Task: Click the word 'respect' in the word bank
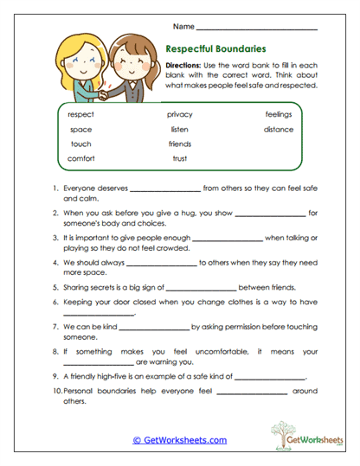click(x=81, y=114)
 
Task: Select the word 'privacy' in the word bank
click(x=180, y=114)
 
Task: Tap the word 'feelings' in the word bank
click(x=279, y=114)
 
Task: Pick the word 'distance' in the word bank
click(x=279, y=129)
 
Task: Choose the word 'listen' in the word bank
click(x=180, y=129)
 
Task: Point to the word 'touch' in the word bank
click(x=81, y=144)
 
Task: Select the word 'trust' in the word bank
click(x=180, y=158)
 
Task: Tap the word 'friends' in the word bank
click(x=180, y=144)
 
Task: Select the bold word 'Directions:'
click(x=183, y=66)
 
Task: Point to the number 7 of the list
click(x=55, y=328)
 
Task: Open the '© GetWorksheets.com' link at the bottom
click(x=180, y=440)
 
